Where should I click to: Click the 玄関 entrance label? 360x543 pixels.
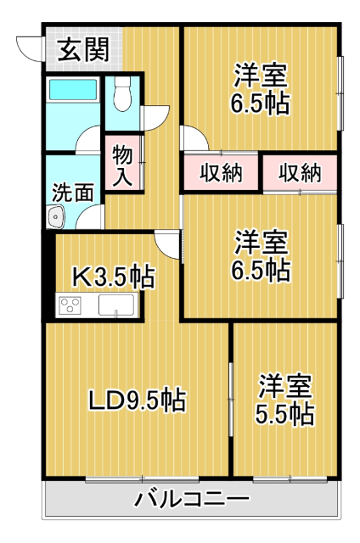[x=82, y=49]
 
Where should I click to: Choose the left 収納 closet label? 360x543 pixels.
[x=221, y=172]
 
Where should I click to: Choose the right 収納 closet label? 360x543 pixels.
[x=299, y=172]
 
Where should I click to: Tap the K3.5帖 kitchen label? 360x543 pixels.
[x=111, y=276]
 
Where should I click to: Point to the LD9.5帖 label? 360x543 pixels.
[x=138, y=397]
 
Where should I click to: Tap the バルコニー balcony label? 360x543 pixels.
[x=192, y=499]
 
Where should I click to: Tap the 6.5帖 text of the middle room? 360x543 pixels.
[x=262, y=271]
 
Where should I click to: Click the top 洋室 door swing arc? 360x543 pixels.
[x=192, y=137]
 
